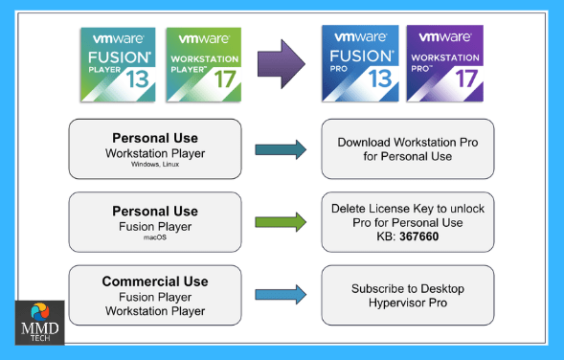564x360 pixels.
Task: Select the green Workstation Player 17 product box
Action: point(202,64)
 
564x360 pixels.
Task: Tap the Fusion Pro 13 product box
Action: point(360,64)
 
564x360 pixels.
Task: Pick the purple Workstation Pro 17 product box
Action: point(442,64)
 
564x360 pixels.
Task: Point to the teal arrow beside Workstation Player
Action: point(280,148)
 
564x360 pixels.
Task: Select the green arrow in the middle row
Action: point(280,222)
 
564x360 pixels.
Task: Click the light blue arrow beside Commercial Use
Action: point(280,294)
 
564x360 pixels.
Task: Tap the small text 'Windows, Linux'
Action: point(155,164)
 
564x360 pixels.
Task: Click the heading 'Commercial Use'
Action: point(155,281)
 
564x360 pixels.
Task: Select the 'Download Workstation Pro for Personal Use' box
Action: point(408,148)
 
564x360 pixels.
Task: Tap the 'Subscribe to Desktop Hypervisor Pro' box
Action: point(408,294)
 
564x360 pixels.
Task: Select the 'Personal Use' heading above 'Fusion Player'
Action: point(155,211)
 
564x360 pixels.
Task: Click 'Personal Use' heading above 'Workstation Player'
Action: point(155,137)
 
